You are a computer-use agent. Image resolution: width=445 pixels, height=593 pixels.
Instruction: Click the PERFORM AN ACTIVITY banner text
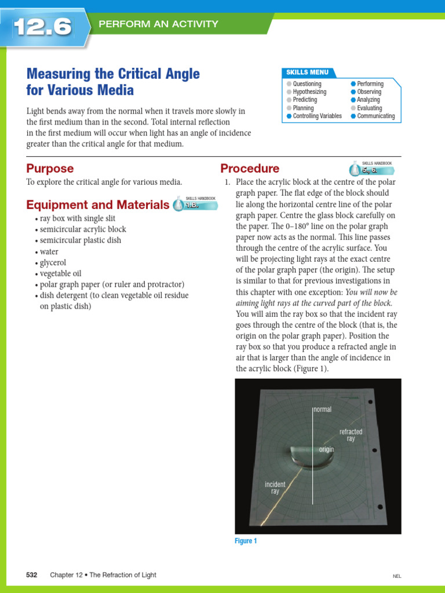[158, 24]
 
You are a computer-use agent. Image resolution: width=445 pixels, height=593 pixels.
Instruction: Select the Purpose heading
[50, 169]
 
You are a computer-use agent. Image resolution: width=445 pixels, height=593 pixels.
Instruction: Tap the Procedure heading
[250, 169]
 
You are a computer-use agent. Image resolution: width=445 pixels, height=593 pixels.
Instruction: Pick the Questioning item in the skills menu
[307, 84]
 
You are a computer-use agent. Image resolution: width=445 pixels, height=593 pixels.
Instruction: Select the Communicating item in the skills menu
[375, 116]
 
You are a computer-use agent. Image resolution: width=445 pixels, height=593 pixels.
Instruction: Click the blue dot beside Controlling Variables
[289, 116]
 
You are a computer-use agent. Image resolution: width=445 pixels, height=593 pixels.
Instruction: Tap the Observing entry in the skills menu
[369, 92]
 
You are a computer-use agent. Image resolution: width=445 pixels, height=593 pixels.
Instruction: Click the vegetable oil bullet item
[63, 273]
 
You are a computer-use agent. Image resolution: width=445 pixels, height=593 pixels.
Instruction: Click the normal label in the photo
[323, 409]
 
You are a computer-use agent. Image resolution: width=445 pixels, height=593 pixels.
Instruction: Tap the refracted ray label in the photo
[351, 435]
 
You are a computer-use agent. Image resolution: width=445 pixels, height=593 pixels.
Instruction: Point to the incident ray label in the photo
[275, 488]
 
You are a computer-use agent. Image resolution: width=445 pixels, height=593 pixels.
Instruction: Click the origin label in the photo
[326, 449]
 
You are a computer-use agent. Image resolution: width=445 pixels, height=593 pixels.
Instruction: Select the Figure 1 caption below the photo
[246, 541]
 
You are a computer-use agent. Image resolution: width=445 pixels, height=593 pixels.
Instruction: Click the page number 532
[32, 575]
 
